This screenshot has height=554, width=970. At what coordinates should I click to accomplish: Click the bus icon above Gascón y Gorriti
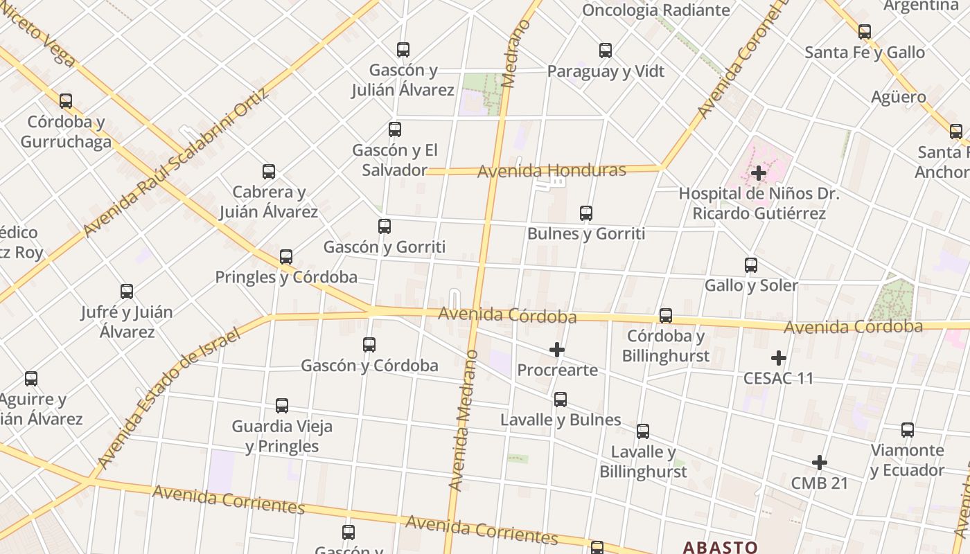pyautogui.click(x=385, y=226)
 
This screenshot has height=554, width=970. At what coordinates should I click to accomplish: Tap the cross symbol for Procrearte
pyautogui.click(x=556, y=350)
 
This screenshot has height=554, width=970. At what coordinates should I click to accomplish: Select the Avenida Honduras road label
pyautogui.click(x=552, y=170)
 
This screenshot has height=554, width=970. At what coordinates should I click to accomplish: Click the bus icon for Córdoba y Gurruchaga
pyautogui.click(x=66, y=101)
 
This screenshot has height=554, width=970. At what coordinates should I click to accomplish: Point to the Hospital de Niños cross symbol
pyautogui.click(x=759, y=172)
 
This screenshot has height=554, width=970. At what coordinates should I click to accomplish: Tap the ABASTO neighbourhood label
pyautogui.click(x=720, y=547)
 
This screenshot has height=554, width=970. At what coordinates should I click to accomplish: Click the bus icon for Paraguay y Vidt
pyautogui.click(x=606, y=51)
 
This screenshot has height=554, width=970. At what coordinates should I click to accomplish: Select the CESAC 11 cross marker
pyautogui.click(x=779, y=358)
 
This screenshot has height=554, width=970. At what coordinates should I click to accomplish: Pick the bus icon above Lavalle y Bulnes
pyautogui.click(x=561, y=400)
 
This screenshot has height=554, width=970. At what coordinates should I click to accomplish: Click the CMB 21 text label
pyautogui.click(x=819, y=483)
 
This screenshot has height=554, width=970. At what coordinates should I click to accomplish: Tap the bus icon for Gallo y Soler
pyautogui.click(x=751, y=265)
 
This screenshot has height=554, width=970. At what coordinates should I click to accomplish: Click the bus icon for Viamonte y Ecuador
pyautogui.click(x=908, y=430)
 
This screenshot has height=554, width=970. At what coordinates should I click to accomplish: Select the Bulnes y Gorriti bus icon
pyautogui.click(x=586, y=213)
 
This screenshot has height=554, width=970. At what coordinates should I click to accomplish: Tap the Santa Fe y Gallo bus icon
pyautogui.click(x=865, y=32)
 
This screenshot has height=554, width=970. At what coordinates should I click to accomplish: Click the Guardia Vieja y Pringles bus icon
pyautogui.click(x=282, y=406)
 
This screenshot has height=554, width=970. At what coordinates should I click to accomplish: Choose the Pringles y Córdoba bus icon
pyautogui.click(x=286, y=258)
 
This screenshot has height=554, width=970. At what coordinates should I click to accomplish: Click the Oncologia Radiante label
pyautogui.click(x=655, y=10)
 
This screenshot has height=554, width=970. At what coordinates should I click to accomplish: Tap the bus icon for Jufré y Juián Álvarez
pyautogui.click(x=127, y=292)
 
